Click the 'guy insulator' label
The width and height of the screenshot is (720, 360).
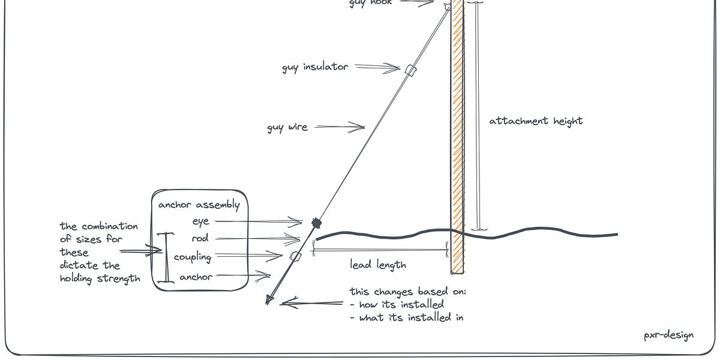click(x=315, y=67)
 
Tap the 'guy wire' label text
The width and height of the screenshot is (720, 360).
click(x=287, y=127)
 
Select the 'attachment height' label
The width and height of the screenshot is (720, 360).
click(x=536, y=121)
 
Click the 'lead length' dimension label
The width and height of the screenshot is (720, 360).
click(x=378, y=264)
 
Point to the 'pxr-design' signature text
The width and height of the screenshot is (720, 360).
click(x=668, y=335)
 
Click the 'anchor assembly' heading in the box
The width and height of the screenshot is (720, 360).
click(x=199, y=205)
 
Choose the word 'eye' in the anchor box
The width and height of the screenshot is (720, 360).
click(x=200, y=221)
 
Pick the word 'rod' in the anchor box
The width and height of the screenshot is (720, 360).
click(x=200, y=238)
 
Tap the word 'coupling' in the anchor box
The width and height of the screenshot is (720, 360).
click(x=193, y=257)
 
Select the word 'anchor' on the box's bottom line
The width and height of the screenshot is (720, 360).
click(x=196, y=277)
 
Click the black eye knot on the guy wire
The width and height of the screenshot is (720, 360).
click(x=316, y=223)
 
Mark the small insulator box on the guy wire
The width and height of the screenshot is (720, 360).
click(x=410, y=70)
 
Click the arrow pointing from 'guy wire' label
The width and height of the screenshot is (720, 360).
click(x=340, y=127)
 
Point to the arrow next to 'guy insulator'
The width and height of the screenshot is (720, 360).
click(x=379, y=67)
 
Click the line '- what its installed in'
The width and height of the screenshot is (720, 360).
click(x=407, y=317)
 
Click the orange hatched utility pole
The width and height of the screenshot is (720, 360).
click(x=458, y=138)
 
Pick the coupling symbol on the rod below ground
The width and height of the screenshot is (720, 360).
click(x=295, y=257)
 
